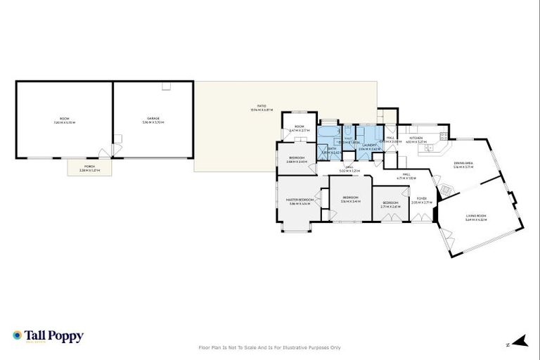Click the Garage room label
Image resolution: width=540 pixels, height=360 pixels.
point(153,118)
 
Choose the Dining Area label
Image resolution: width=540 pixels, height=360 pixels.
point(463,164)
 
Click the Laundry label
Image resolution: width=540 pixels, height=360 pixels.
point(369,146)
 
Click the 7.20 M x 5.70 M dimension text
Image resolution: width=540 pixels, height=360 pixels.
point(64,123)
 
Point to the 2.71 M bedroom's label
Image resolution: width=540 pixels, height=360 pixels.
point(390,204)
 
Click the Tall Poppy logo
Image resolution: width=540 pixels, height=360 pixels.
point(49,336)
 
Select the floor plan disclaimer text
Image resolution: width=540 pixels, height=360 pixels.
point(270,347)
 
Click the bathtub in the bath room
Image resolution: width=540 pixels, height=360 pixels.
point(327,131)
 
